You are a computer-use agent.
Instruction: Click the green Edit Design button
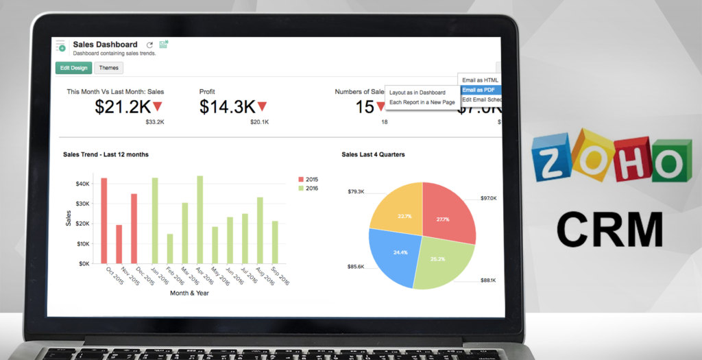(73, 68)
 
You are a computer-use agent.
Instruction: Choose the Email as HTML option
(480, 80)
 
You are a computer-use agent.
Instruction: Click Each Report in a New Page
(422, 102)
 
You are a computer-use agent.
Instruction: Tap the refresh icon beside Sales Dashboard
(149, 45)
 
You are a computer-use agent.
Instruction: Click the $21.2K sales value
(123, 106)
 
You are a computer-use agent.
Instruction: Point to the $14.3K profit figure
(228, 106)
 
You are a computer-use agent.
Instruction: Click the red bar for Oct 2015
(104, 220)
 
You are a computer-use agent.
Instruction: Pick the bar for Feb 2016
(169, 248)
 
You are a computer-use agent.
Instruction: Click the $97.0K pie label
(488, 197)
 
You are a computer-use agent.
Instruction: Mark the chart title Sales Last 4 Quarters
(373, 154)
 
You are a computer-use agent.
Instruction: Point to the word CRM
(609, 229)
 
